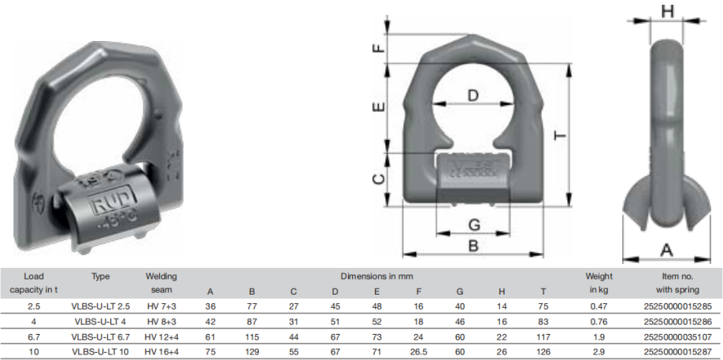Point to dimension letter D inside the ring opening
[473, 95]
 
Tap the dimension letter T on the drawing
[560, 135]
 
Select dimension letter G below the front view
[474, 225]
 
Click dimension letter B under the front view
[473, 246]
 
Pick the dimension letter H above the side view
[667, 12]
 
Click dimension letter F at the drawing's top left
[379, 48]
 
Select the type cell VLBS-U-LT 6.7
[101, 337]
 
